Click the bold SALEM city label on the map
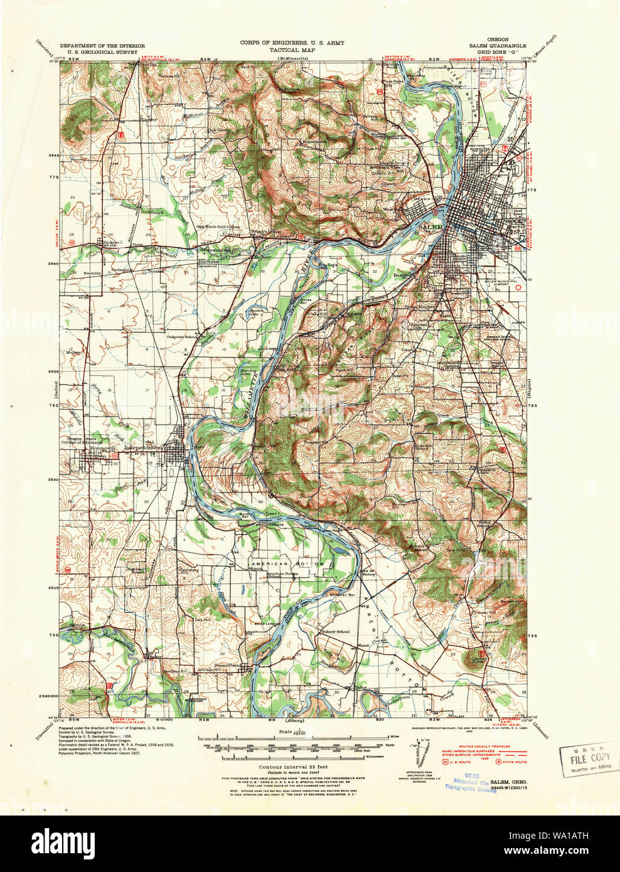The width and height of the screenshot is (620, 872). point(432,226)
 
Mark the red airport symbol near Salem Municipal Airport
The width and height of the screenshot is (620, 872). point(518,288)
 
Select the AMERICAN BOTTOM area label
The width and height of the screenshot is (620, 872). point(287,564)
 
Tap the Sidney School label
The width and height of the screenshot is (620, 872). point(334,631)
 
